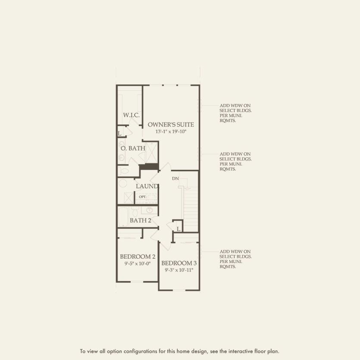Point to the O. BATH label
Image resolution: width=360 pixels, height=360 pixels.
click(x=133, y=148)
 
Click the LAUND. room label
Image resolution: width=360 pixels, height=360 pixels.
click(x=147, y=186)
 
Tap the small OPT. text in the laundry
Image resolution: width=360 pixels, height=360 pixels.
click(x=143, y=197)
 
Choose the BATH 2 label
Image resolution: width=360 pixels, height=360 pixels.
click(x=141, y=221)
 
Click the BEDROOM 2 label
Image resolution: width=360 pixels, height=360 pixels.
click(x=138, y=256)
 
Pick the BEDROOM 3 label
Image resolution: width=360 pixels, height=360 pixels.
click(x=179, y=263)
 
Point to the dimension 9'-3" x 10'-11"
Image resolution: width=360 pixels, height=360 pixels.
click(x=179, y=270)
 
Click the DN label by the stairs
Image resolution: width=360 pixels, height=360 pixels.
click(x=175, y=178)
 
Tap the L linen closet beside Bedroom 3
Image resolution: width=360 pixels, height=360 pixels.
click(x=178, y=228)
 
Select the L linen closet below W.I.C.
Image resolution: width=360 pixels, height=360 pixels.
click(x=119, y=133)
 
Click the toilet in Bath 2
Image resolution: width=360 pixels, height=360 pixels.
click(x=135, y=212)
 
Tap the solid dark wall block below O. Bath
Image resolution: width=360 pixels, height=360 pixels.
click(x=149, y=167)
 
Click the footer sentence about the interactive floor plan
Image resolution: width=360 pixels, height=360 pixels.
click(x=180, y=351)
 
